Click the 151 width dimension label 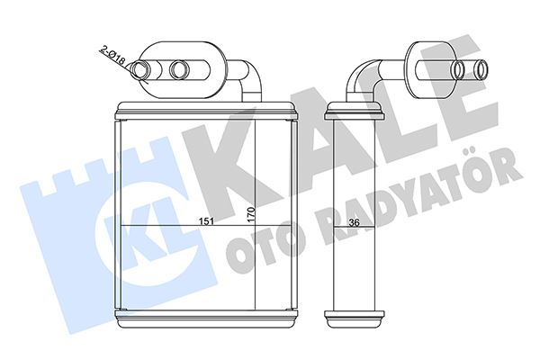point(207,221)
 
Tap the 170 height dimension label point(250,214)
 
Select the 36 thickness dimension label point(354,222)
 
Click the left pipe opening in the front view point(141,69)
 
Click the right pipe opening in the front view point(179,69)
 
